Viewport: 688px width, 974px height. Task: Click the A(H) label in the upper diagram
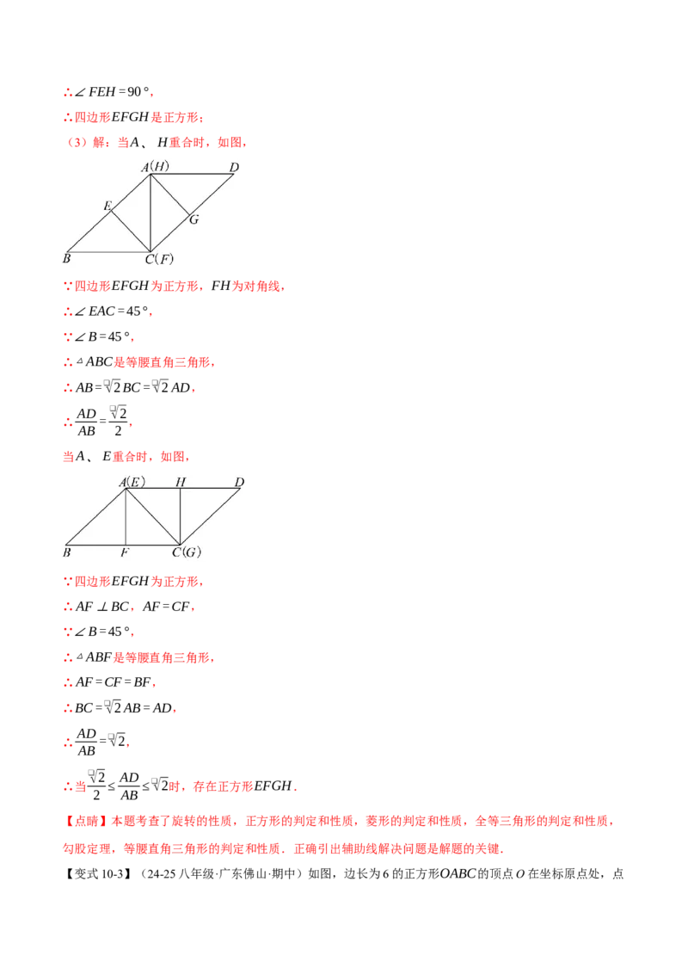click(x=156, y=166)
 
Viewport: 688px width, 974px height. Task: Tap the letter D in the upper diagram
click(x=234, y=166)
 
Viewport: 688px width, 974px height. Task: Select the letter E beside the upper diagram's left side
click(x=107, y=205)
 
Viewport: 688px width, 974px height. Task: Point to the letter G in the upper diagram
click(x=194, y=219)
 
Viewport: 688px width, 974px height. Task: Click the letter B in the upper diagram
click(x=66, y=257)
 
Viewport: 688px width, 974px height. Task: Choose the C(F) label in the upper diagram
click(x=159, y=258)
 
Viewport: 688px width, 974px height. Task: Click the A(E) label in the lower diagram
click(x=132, y=482)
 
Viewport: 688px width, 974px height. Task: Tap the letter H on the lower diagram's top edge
click(x=181, y=482)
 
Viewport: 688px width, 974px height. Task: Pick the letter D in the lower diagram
click(x=239, y=482)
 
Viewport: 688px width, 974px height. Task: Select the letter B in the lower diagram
click(x=66, y=552)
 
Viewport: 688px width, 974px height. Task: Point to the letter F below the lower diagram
click(x=125, y=552)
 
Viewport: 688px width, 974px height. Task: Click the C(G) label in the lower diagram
click(x=186, y=552)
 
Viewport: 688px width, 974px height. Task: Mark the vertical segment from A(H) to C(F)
click(x=150, y=215)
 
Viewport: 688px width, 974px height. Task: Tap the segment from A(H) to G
click(x=169, y=194)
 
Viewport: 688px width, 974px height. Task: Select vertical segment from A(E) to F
click(x=126, y=516)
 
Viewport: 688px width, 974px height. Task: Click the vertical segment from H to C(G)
click(x=180, y=516)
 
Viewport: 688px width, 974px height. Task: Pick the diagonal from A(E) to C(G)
click(x=153, y=516)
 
